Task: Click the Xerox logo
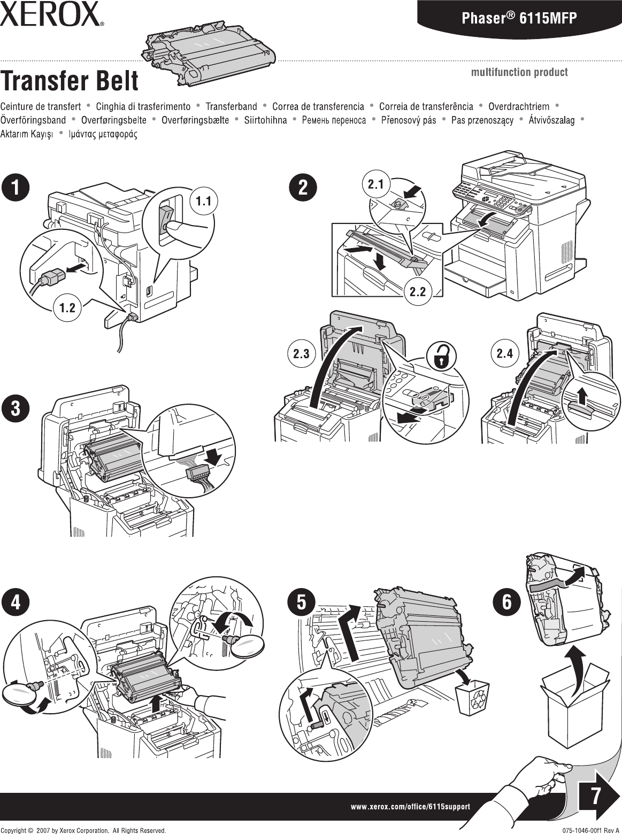pyautogui.click(x=51, y=14)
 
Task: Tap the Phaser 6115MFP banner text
pyautogui.click(x=519, y=19)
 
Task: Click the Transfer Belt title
pyautogui.click(x=69, y=82)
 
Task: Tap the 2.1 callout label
pyautogui.click(x=376, y=184)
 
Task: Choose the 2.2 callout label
pyautogui.click(x=417, y=291)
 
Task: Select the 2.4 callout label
pyautogui.click(x=504, y=353)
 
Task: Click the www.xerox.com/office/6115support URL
pyautogui.click(x=410, y=806)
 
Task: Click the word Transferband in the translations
pyautogui.click(x=231, y=106)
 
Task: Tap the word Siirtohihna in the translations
pyautogui.click(x=265, y=120)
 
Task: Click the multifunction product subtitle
pyautogui.click(x=519, y=72)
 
